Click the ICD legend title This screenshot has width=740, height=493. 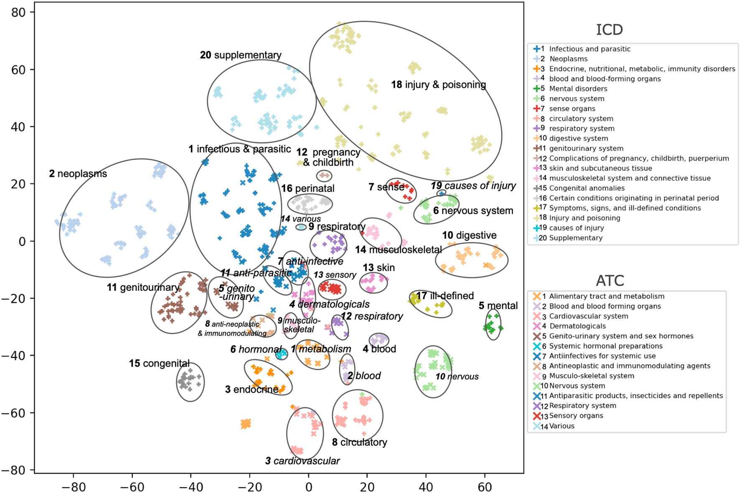pyautogui.click(x=609, y=30)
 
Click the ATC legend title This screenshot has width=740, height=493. pyautogui.click(x=610, y=281)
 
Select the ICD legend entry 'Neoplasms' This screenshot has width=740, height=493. pyautogui.click(x=568, y=59)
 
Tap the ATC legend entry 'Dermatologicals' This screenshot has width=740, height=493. pyautogui.click(x=577, y=326)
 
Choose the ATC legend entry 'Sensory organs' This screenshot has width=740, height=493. pyautogui.click(x=576, y=416)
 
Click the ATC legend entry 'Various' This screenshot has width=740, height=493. pyautogui.click(x=561, y=426)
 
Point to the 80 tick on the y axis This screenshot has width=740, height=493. pyautogui.click(x=18, y=13)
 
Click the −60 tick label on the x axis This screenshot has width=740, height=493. pyautogui.click(x=132, y=487)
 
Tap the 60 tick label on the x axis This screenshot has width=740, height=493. pyautogui.click(x=485, y=487)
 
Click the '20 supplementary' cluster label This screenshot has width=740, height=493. pyautogui.click(x=240, y=55)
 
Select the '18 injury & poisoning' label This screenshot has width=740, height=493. pyautogui.click(x=438, y=85)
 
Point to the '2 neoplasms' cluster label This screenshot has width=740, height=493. pyautogui.click(x=78, y=174)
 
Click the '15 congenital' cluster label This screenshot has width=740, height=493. pyautogui.click(x=159, y=363)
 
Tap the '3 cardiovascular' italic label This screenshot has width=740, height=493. pyautogui.click(x=302, y=461)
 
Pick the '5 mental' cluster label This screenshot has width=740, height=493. pyautogui.click(x=498, y=306)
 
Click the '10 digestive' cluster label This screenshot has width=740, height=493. pyautogui.click(x=469, y=235)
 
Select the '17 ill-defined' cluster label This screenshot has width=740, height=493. pyautogui.click(x=444, y=296)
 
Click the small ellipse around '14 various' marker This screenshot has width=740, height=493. pyautogui.click(x=301, y=227)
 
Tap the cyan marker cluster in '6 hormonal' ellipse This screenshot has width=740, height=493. pyautogui.click(x=282, y=354)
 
